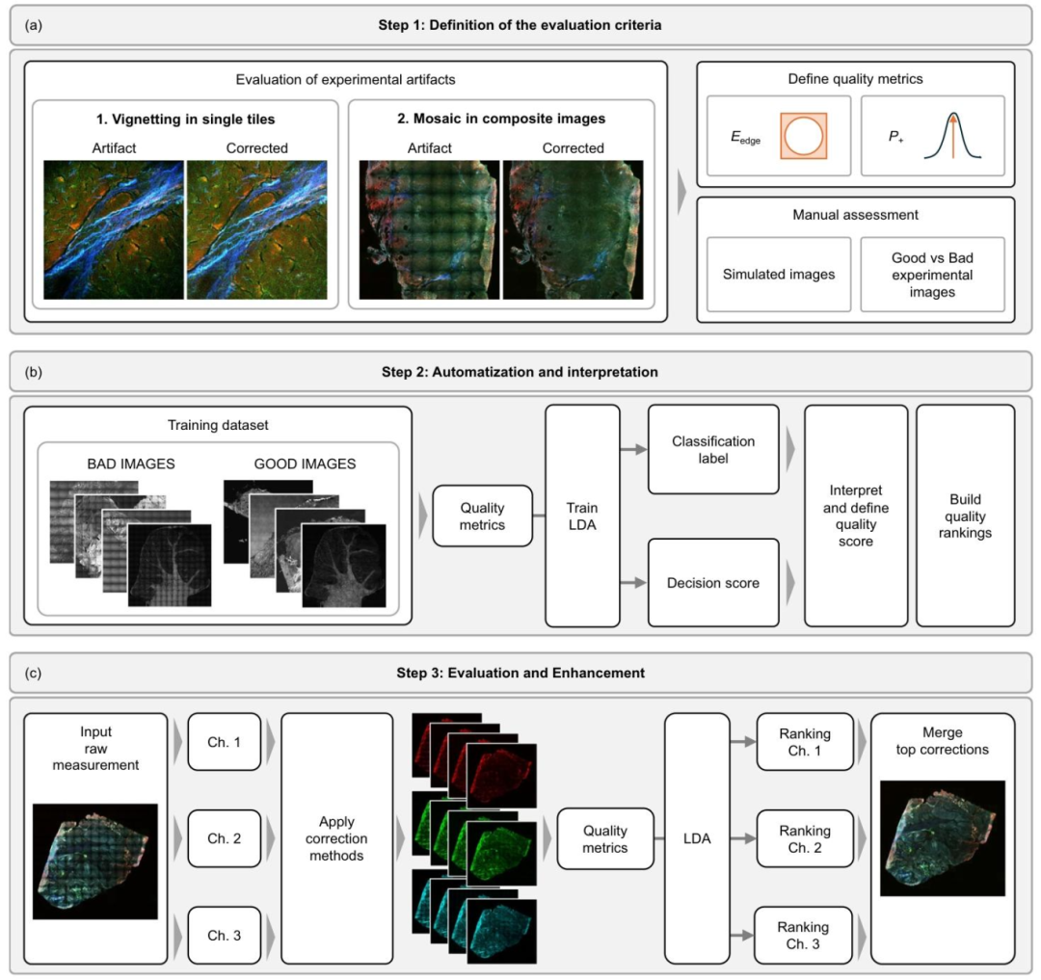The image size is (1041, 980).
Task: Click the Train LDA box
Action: (582, 516)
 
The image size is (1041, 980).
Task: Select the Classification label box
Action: (713, 449)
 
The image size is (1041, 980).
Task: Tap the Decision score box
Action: (713, 583)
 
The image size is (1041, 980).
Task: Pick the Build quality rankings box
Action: (965, 516)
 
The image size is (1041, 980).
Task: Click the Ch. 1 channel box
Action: (225, 742)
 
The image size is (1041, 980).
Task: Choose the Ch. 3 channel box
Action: (225, 935)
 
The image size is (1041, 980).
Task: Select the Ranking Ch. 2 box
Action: (805, 838)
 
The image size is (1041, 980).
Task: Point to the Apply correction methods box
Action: (336, 838)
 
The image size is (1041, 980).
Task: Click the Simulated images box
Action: (779, 274)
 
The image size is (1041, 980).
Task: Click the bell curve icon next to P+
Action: (952, 135)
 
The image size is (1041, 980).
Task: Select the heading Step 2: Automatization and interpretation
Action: (520, 372)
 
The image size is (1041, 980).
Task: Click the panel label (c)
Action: (33, 673)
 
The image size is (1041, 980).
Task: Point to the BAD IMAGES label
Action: (131, 464)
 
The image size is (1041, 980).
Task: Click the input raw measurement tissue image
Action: (94, 861)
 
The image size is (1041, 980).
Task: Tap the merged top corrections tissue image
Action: (943, 838)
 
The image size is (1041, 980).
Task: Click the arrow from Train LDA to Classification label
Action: (633, 449)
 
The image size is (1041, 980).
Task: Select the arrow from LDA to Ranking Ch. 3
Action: (741, 935)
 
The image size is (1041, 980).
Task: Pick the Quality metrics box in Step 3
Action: (604, 838)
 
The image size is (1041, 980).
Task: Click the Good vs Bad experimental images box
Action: (932, 274)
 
